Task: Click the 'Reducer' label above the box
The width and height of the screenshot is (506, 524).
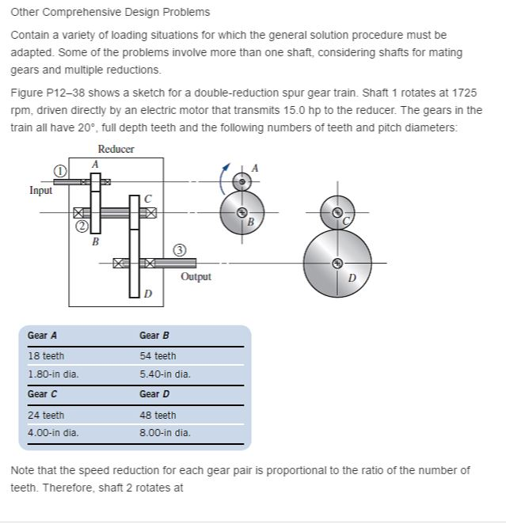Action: [x=116, y=150]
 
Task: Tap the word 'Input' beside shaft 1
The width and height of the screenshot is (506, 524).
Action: [x=41, y=190]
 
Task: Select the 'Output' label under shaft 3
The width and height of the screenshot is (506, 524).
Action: [x=196, y=276]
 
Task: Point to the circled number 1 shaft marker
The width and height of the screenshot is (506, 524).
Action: [x=59, y=169]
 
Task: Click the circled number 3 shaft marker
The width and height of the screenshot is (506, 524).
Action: [x=181, y=250]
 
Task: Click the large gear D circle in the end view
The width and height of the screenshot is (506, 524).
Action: [x=337, y=262]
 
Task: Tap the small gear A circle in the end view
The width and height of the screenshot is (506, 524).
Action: [x=242, y=182]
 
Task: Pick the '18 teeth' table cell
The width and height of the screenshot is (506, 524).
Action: [x=46, y=356]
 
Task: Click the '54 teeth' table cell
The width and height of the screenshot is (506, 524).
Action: [x=158, y=356]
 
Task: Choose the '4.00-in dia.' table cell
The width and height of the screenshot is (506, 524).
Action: [x=53, y=433]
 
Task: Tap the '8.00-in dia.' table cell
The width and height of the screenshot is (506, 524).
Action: [x=165, y=433]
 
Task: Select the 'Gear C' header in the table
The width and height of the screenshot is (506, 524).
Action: [x=42, y=394]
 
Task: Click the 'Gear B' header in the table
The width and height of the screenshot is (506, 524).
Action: [x=154, y=336]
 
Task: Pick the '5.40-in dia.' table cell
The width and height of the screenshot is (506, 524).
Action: [x=165, y=374]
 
